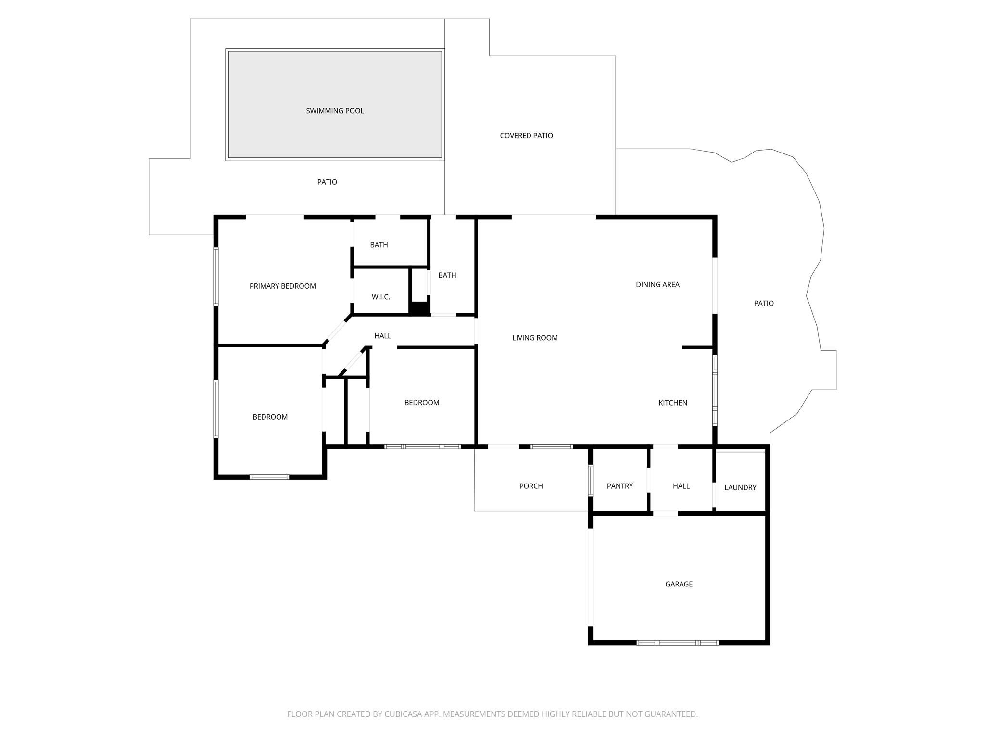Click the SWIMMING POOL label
[335, 111]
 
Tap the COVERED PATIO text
[526, 136]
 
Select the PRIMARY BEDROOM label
[282, 286]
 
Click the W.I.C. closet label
[380, 297]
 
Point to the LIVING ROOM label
[535, 338]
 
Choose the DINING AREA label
[657, 284]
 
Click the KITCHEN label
[672, 403]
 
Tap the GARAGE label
[679, 584]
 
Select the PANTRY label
[619, 486]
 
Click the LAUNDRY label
[740, 487]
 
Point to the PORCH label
[531, 486]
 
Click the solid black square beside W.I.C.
[419, 308]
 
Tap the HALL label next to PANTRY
[681, 486]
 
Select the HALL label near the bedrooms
[382, 336]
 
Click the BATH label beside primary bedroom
[379, 245]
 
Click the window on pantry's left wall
[590, 480]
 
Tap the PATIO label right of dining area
[763, 303]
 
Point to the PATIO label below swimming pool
[327, 182]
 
